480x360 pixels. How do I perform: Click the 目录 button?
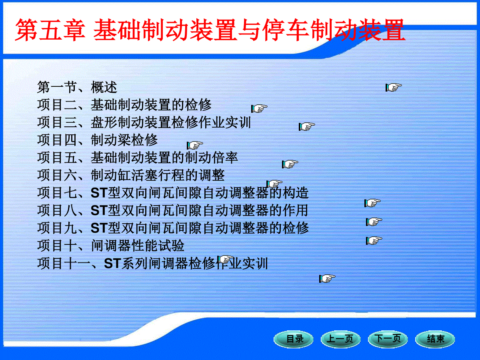click(x=294, y=339)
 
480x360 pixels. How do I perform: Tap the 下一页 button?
click(x=388, y=339)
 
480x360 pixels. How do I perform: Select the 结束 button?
click(x=435, y=339)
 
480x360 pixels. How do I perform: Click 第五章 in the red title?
click(x=50, y=30)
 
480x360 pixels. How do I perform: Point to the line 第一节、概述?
click(x=77, y=87)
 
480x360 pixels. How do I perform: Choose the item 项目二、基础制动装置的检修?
click(x=124, y=105)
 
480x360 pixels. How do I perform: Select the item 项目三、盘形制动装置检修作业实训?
click(x=144, y=122)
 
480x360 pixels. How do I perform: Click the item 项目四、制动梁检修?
click(x=98, y=140)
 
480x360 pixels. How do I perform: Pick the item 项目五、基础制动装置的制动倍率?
click(x=138, y=158)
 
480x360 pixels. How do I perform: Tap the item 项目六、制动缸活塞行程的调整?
click(x=131, y=175)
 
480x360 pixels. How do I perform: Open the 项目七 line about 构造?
click(x=173, y=193)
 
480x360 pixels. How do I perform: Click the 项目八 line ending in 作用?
click(x=173, y=210)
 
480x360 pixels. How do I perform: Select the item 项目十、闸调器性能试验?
click(x=111, y=246)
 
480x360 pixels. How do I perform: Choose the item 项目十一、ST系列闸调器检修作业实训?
click(x=153, y=263)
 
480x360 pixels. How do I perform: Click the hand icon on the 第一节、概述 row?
click(x=394, y=88)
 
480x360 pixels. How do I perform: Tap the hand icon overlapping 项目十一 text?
click(x=226, y=260)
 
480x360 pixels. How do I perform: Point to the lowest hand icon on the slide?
click(x=327, y=278)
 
